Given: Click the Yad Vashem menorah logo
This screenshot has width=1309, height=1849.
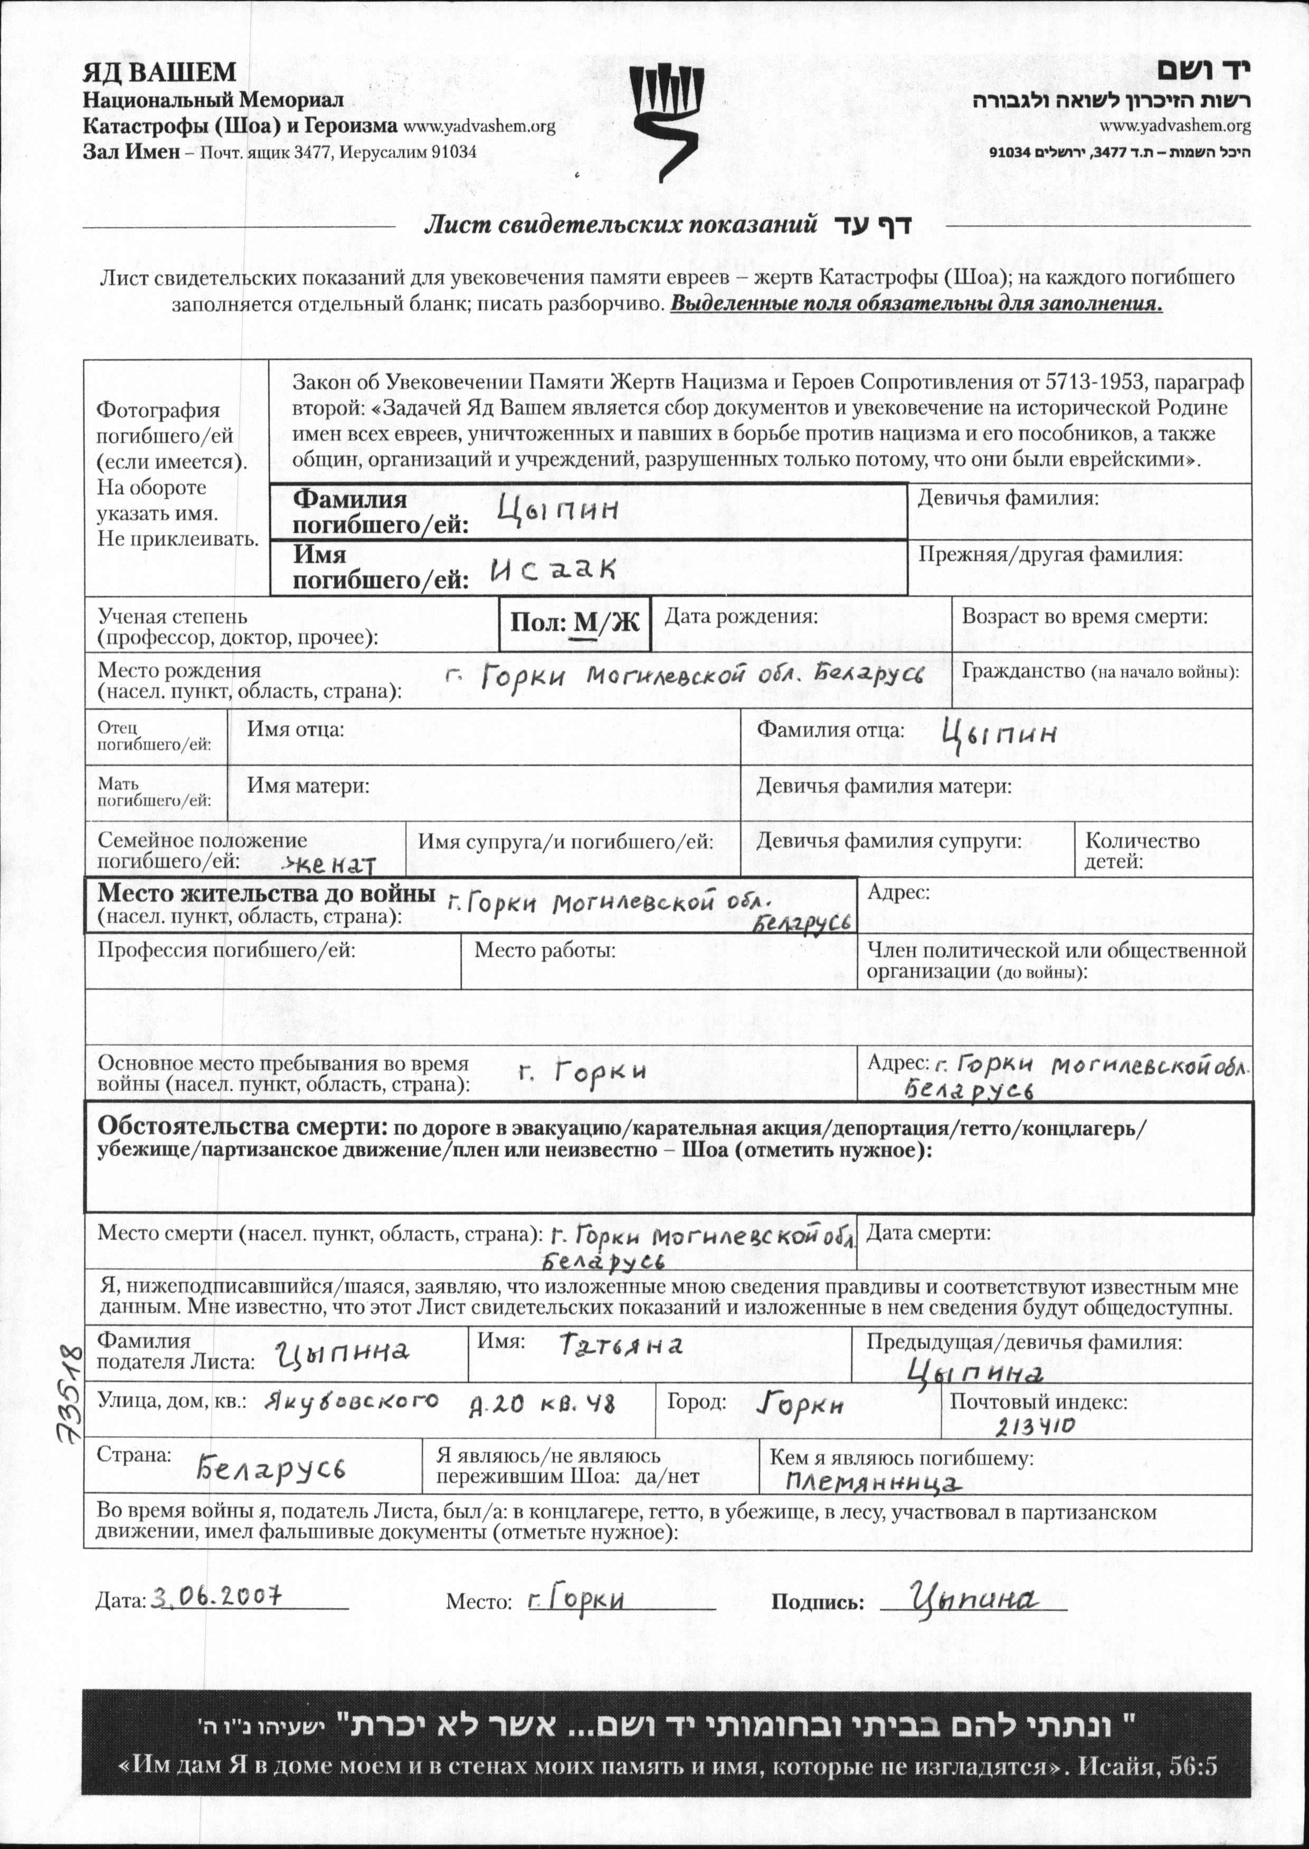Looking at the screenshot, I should pyautogui.click(x=667, y=121).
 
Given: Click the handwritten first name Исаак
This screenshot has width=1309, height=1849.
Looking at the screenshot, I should pyautogui.click(x=553, y=570).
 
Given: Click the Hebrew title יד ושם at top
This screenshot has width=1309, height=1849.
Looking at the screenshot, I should pyautogui.click(x=1205, y=71).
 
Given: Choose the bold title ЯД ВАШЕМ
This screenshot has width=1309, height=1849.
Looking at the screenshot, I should pyautogui.click(x=159, y=72).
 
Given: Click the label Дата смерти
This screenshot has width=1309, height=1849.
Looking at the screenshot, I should pyautogui.click(x=928, y=1233).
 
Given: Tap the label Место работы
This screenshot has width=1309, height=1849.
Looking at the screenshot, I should pyautogui.click(x=544, y=951).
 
